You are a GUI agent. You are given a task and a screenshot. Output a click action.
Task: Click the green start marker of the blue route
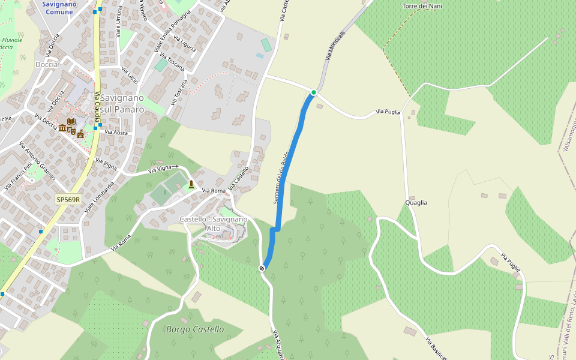click(x=313, y=92)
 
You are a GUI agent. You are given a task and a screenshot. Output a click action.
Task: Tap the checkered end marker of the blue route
click(x=262, y=268)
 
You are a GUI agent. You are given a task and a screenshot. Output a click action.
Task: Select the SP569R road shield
click(x=68, y=199)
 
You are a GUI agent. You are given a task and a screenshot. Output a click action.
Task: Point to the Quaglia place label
click(x=416, y=203)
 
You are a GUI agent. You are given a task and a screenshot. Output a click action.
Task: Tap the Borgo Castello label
click(x=195, y=329)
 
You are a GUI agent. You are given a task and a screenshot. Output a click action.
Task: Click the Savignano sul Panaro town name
click(x=122, y=103)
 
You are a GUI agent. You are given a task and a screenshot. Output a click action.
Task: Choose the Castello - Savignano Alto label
click(x=213, y=224)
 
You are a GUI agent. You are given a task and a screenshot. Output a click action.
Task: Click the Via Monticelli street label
click(x=335, y=46)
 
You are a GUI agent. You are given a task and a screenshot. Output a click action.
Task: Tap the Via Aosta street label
click(x=116, y=132)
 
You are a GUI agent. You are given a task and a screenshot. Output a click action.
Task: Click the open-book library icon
click(x=71, y=122)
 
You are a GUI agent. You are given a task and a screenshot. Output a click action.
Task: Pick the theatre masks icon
click(x=71, y=130)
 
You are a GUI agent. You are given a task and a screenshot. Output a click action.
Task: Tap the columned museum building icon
click(x=62, y=128)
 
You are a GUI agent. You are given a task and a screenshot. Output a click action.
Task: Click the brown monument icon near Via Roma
click(x=191, y=184)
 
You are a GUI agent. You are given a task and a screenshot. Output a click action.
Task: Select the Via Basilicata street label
click(x=436, y=349)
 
